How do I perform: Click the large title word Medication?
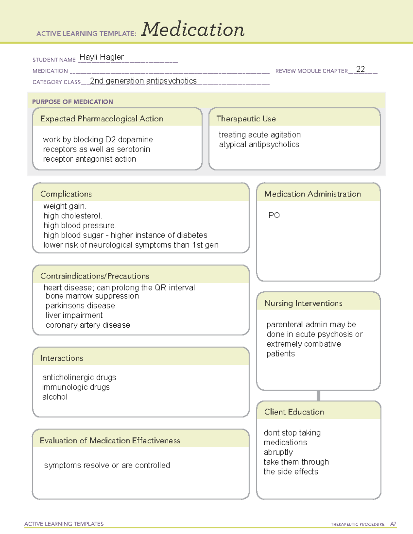pyautogui.click(x=193, y=30)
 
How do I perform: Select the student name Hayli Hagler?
pyautogui.click(x=102, y=57)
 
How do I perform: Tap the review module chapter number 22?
pyautogui.click(x=360, y=69)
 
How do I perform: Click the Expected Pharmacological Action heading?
pyautogui.click(x=102, y=119)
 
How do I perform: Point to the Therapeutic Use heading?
pyautogui.click(x=246, y=119)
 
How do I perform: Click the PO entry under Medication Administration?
pyautogui.click(x=274, y=215)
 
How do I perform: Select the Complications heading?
pyautogui.click(x=66, y=194)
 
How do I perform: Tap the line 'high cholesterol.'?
pyautogui.click(x=73, y=216)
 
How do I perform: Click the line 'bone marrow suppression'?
pyautogui.click(x=92, y=296)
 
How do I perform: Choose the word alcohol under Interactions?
pyautogui.click(x=55, y=397)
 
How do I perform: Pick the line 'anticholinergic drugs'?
pyautogui.click(x=79, y=378)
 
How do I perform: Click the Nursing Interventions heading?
pyautogui.click(x=303, y=303)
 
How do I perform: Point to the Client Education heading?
pyautogui.click(x=294, y=412)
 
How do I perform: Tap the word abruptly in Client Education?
pyautogui.click(x=278, y=452)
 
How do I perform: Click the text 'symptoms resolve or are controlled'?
pyautogui.click(x=107, y=465)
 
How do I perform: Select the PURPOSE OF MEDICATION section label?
pyautogui.click(x=73, y=102)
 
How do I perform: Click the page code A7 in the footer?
pyautogui.click(x=393, y=524)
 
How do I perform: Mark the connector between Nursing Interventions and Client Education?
pyautogui.click(x=318, y=395)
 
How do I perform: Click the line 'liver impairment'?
pyautogui.click(x=74, y=315)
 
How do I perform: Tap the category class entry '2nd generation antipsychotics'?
pyautogui.click(x=143, y=81)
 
